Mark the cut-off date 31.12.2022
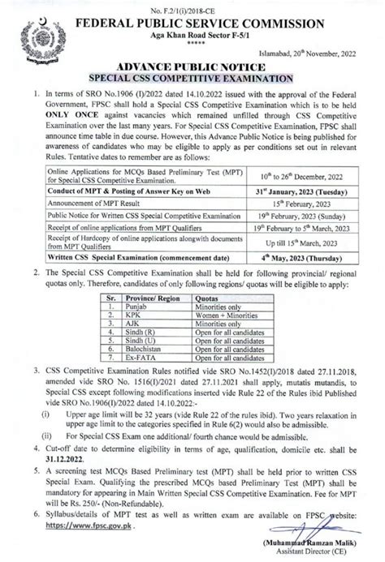tap(55, 442)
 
